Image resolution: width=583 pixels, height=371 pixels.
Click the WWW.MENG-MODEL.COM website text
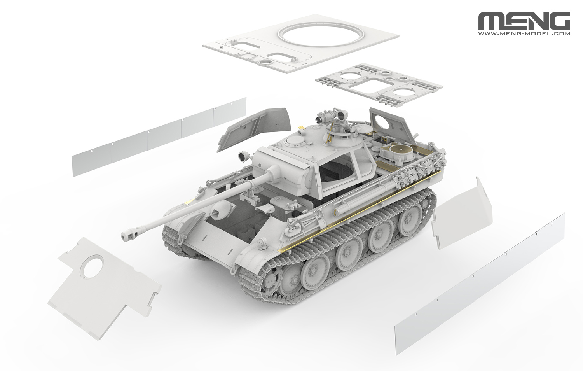pos(524,34)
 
